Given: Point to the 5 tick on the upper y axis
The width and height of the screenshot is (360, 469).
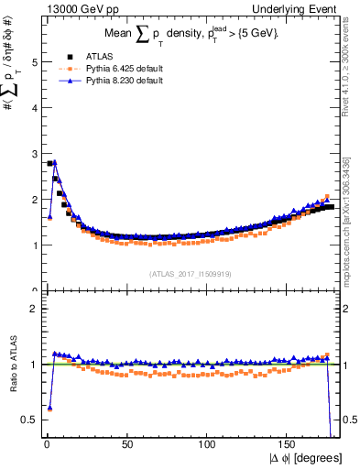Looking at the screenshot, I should pyautogui.click(x=36, y=62).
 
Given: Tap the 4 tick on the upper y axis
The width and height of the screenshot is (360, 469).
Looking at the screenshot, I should pyautogui.click(x=36, y=108).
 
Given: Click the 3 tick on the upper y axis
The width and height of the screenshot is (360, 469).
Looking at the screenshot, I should pyautogui.click(x=36, y=154).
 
